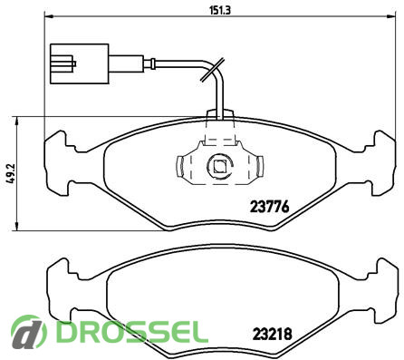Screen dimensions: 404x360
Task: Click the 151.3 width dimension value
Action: pyautogui.click(x=220, y=11)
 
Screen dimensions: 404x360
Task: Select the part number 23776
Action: pyautogui.click(x=269, y=207)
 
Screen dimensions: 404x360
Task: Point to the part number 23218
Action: pyautogui.click(x=273, y=334)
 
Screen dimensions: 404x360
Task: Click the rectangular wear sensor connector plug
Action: pyautogui.click(x=79, y=63)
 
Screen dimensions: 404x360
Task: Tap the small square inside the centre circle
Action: pyautogui.click(x=219, y=166)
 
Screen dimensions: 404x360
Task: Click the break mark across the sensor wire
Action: pyautogui.click(x=212, y=70)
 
